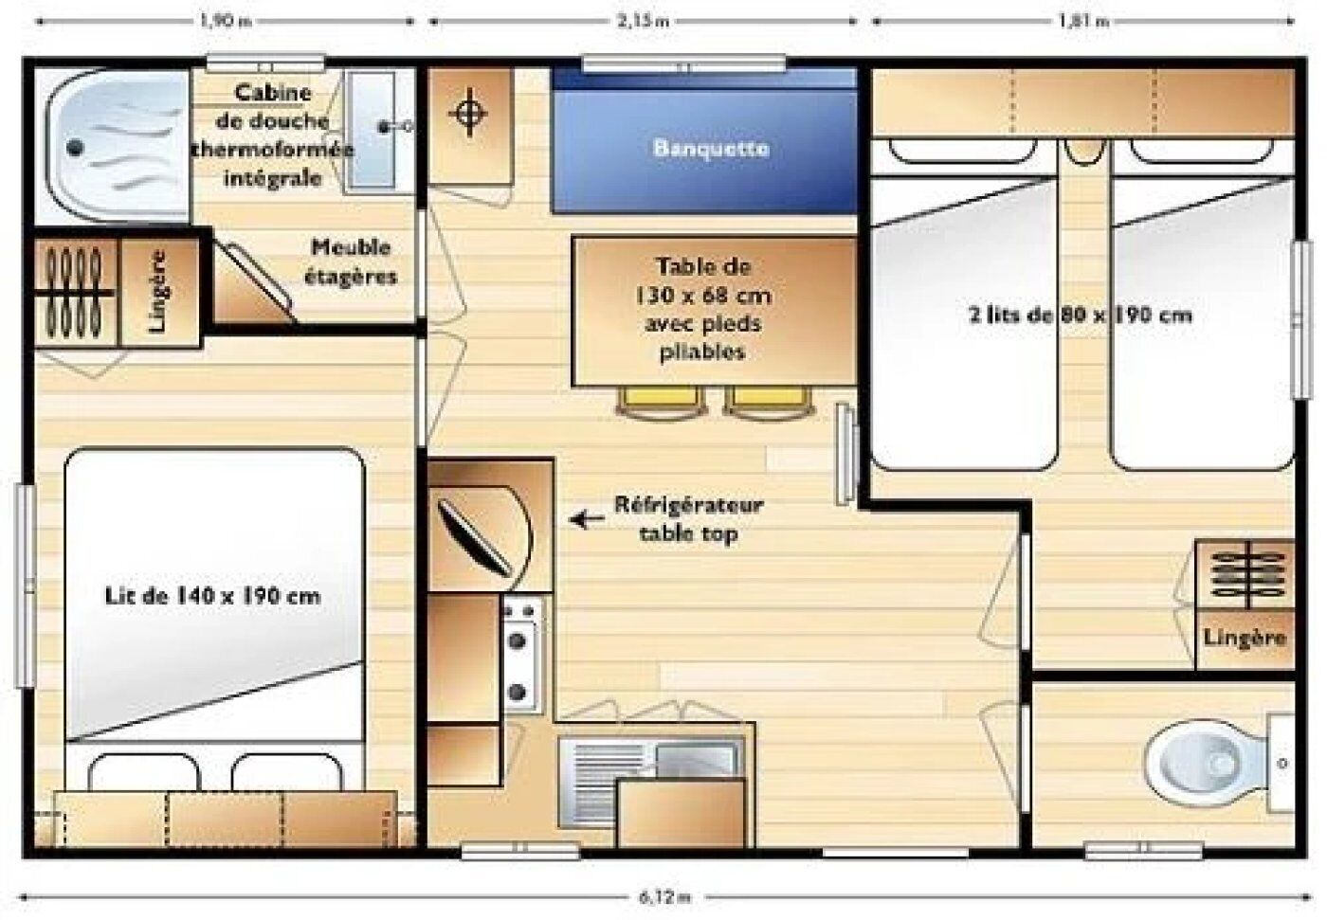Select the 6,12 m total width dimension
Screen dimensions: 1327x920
click(x=664, y=897)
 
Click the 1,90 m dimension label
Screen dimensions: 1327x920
click(x=226, y=21)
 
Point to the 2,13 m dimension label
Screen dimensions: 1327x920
click(x=644, y=21)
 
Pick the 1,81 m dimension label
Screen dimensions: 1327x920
click(x=1083, y=21)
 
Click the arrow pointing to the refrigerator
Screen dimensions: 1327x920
click(x=587, y=520)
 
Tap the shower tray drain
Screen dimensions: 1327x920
click(x=75, y=148)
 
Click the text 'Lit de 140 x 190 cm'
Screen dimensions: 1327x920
click(x=212, y=596)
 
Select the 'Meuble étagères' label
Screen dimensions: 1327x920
click(x=351, y=262)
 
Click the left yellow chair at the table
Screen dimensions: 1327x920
click(x=662, y=404)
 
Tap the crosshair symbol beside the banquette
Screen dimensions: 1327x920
click(x=468, y=112)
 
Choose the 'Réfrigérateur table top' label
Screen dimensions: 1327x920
click(x=688, y=519)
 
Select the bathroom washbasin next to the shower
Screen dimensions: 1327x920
click(x=372, y=130)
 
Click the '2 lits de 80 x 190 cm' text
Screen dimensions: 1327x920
click(x=1080, y=315)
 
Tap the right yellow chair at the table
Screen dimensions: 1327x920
click(x=769, y=404)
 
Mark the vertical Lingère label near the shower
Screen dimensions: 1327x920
click(x=159, y=291)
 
